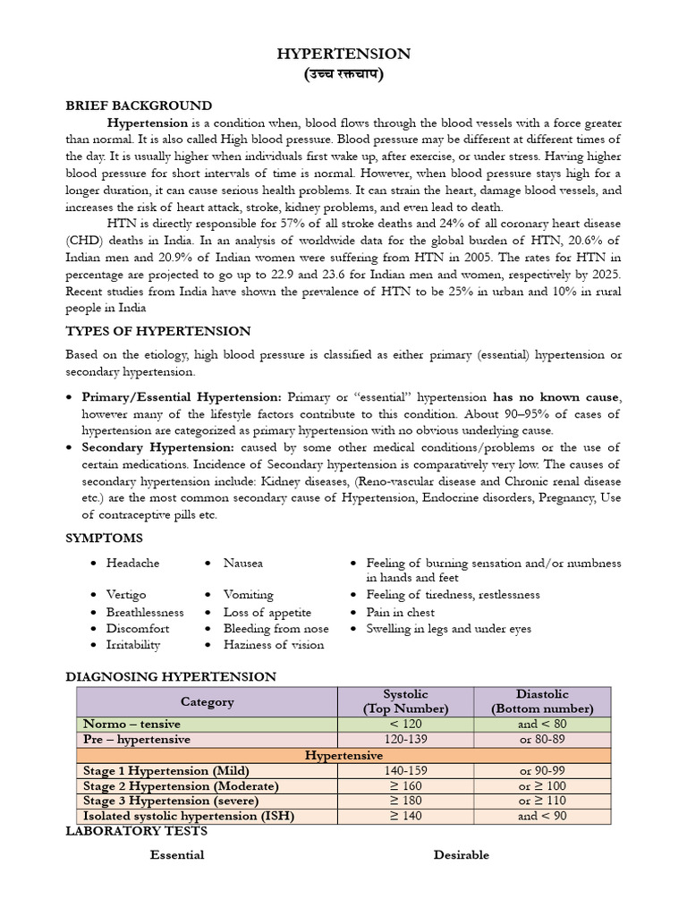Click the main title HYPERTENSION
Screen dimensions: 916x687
343,54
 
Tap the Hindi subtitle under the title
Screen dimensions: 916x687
343,74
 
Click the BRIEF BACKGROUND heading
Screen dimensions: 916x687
139,106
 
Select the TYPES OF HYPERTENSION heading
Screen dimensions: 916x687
158,331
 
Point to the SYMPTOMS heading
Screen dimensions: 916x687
104,538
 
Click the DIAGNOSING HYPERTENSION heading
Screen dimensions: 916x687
171,676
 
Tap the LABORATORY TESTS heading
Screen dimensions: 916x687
136,831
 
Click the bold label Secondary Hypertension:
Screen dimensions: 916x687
158,446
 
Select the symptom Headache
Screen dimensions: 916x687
132,563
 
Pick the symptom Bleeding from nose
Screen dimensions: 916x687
276,628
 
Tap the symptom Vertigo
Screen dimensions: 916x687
126,594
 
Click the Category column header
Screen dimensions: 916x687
207,701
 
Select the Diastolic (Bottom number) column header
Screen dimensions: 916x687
542,701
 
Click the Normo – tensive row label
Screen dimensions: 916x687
131,724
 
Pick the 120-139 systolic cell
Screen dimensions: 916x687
405,740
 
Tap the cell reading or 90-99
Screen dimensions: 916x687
542,770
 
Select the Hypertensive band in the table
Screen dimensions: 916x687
343,755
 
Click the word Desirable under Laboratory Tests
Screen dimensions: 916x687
462,854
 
